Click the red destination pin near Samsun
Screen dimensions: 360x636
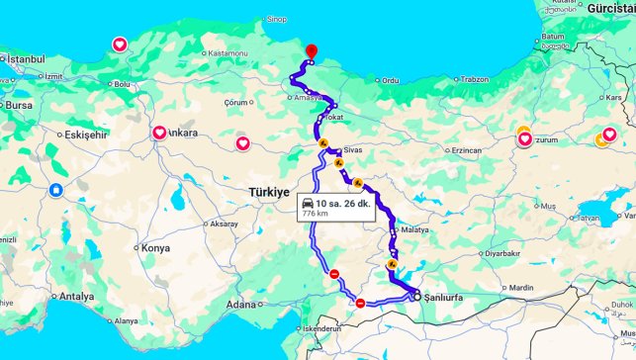(311, 51)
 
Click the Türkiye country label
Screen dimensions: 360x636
(268, 192)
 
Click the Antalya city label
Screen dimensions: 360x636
(76, 296)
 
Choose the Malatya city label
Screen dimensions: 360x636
(414, 229)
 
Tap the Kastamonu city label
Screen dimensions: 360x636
(227, 52)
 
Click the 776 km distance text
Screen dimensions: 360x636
(315, 213)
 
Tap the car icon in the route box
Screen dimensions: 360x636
(308, 202)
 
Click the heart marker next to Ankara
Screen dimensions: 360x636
(158, 133)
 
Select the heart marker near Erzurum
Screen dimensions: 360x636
(525, 139)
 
